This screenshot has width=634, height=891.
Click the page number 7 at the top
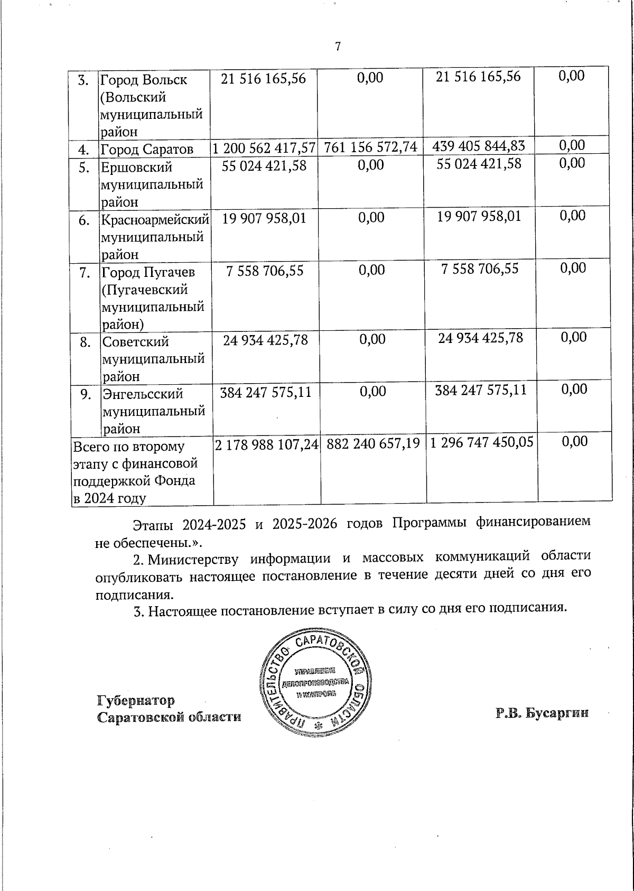(338, 47)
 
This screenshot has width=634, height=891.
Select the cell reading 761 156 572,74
(371, 147)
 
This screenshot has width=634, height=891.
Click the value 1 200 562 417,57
(264, 147)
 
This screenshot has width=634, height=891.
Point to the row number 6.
(84, 220)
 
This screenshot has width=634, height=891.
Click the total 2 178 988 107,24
(266, 445)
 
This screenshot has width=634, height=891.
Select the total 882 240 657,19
(373, 444)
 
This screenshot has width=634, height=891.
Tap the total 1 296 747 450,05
(481, 442)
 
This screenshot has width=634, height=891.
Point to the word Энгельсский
(143, 394)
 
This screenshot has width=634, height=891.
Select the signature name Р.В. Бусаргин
(542, 713)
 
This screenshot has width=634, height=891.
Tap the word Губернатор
(136, 701)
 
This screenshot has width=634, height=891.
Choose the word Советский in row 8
(136, 342)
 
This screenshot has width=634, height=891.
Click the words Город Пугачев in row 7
(148, 272)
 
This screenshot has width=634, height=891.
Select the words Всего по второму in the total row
(129, 447)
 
